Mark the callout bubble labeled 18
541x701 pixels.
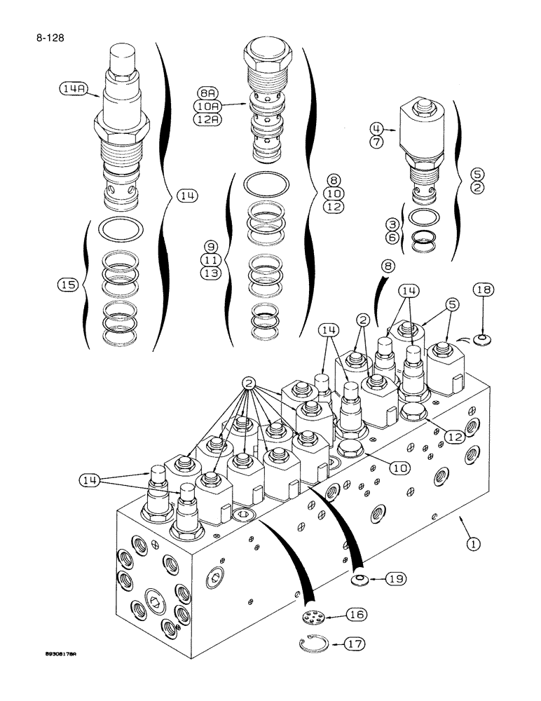tap(483, 290)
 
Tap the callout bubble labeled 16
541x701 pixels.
tap(357, 615)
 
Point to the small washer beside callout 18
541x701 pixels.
tap(480, 340)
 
